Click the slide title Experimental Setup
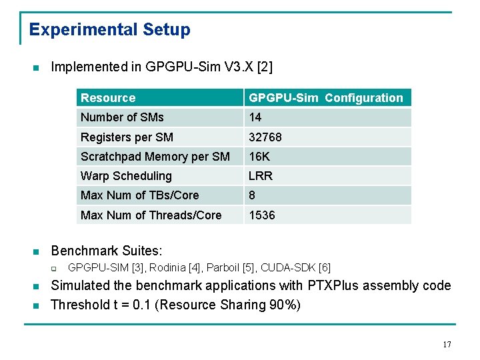point(109,30)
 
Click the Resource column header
point(108,98)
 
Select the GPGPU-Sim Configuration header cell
point(325,98)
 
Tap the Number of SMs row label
point(122,117)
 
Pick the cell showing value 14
point(255,117)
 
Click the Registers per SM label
point(127,137)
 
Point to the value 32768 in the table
point(265,137)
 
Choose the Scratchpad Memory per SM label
point(155,157)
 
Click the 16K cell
point(259,157)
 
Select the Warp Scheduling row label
point(126,176)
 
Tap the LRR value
point(261,176)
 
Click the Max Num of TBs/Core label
point(139,195)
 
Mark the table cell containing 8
point(253,195)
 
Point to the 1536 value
point(261,215)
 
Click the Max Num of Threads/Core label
point(151,215)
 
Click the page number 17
point(447,345)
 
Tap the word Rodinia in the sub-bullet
point(164,268)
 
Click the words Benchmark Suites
point(107,251)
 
